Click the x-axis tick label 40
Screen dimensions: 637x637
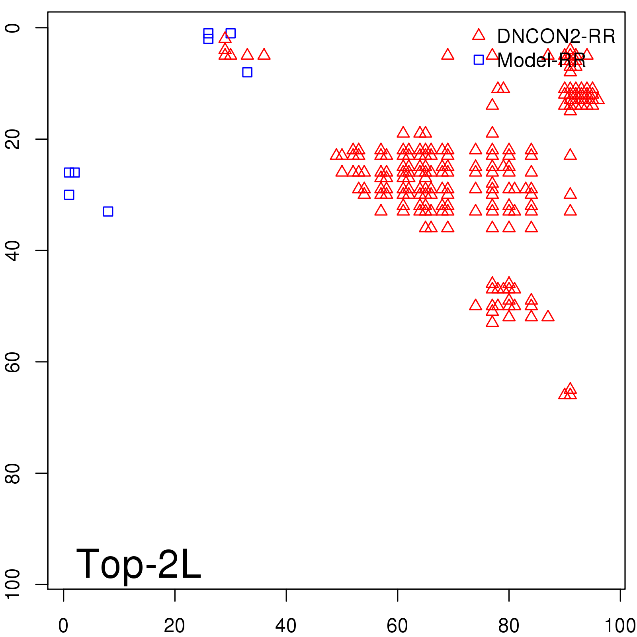[286, 625]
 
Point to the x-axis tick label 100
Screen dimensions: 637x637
[619, 625]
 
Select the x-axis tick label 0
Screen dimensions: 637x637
[63, 625]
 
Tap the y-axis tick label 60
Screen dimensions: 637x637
[13, 361]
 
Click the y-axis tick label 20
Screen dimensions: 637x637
[13, 139]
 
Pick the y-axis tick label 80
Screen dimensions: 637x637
[13, 473]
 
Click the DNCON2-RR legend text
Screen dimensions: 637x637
[556, 37]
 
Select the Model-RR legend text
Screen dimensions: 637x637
[541, 61]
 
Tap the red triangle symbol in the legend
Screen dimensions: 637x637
[479, 35]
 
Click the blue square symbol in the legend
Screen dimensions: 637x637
[479, 60]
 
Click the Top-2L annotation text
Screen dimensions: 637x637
[138, 564]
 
